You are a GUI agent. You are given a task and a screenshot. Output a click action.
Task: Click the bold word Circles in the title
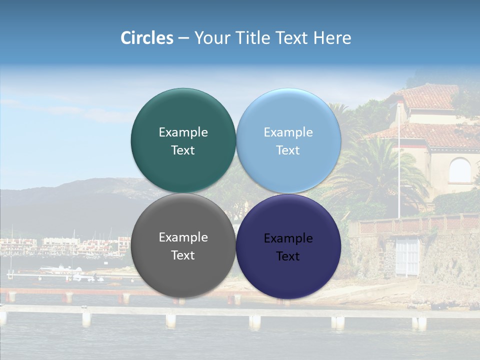point(146,38)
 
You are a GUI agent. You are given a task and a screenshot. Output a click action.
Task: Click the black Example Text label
point(288,247)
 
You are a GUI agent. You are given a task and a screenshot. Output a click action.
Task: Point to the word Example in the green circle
point(183,132)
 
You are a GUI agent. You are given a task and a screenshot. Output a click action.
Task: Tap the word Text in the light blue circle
point(288,150)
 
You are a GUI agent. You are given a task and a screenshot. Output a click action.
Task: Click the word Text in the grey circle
point(183,255)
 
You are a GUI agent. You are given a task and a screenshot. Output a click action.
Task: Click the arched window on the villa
point(459,170)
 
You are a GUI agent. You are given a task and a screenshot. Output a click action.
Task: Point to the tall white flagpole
point(399,165)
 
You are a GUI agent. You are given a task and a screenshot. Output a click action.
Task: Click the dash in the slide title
point(183,38)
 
